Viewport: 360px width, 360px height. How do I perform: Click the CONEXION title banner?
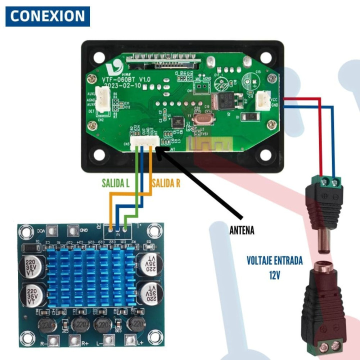point(47,16)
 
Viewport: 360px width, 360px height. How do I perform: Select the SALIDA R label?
point(166,183)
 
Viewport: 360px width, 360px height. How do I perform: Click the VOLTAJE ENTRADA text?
point(274,261)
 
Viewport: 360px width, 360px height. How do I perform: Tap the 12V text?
point(274,275)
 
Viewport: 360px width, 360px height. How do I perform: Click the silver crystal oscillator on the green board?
point(201,119)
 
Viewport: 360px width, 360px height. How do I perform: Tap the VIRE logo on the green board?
point(118,67)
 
